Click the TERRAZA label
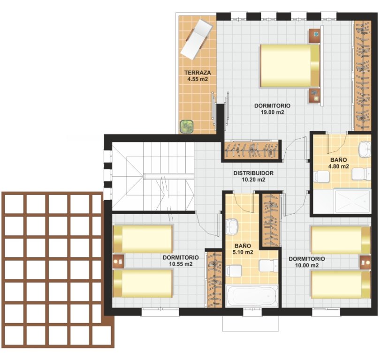198,73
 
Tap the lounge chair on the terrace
197,39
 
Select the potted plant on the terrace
187,127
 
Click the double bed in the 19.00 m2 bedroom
290,66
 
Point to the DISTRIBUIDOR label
253,173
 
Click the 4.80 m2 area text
338,166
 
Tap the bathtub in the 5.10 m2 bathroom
252,296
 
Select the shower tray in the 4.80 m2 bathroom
352,201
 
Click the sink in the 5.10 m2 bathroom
232,227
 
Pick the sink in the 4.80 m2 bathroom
365,149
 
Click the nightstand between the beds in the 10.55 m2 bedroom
119,261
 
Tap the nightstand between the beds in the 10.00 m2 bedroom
365,262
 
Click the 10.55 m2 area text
181,264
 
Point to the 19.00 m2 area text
273,112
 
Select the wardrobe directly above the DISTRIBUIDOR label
251,150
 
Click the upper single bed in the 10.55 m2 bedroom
143,239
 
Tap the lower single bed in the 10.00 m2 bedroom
341,285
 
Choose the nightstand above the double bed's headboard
315,36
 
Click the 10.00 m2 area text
307,265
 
